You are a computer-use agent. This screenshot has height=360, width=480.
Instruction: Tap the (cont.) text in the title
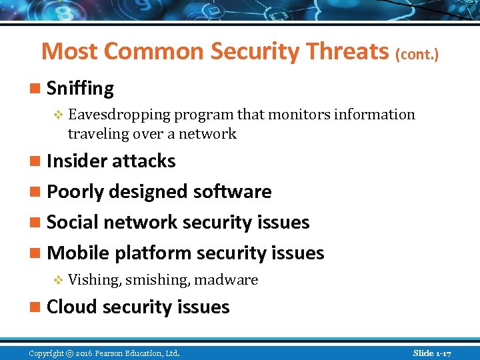click(417, 53)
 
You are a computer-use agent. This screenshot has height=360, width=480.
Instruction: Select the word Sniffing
click(81, 89)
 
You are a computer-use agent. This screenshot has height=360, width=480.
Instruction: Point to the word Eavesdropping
click(119, 115)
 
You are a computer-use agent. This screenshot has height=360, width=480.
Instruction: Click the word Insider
click(78, 161)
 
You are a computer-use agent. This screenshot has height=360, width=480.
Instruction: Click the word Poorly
click(76, 192)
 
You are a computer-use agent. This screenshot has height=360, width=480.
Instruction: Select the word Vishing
click(94, 280)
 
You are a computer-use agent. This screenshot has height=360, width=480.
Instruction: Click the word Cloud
click(71, 307)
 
